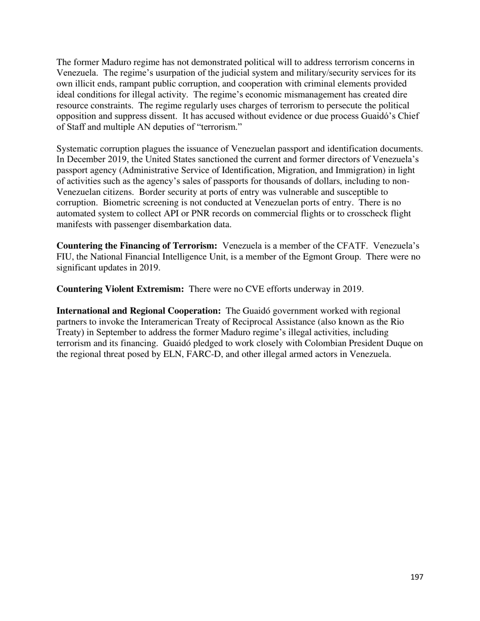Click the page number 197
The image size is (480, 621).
click(416, 577)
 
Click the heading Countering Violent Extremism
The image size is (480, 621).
click(120, 289)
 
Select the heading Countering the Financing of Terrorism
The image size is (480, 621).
click(137, 246)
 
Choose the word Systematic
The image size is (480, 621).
click(77, 149)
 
